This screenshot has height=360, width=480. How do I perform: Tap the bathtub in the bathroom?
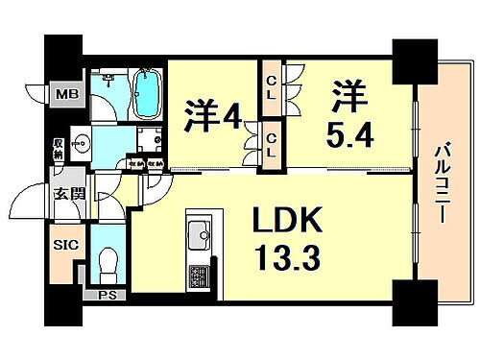[x=148, y=92]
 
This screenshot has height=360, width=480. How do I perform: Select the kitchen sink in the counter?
[x=201, y=233]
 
